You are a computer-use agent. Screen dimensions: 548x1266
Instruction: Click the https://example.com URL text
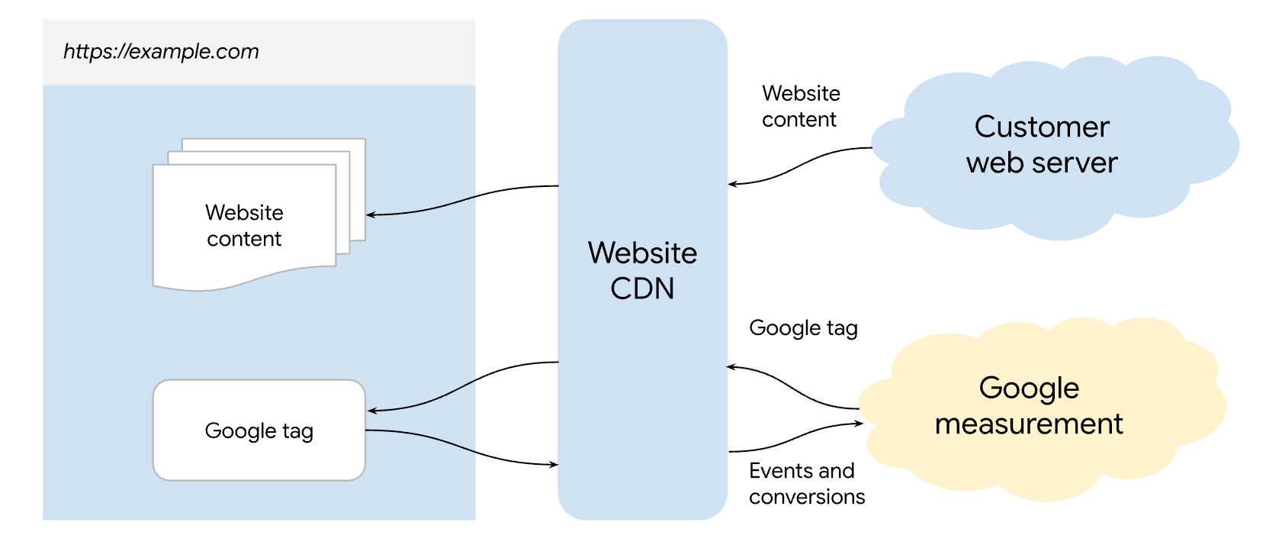click(161, 51)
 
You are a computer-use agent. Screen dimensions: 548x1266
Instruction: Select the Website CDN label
click(642, 270)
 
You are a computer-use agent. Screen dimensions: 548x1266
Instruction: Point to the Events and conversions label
click(806, 483)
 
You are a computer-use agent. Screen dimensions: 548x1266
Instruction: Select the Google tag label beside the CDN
click(803, 328)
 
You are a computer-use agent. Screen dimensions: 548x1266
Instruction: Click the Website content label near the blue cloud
click(800, 106)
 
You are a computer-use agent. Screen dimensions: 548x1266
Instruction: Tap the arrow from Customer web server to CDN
click(801, 164)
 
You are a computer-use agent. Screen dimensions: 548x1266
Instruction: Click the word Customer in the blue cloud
click(1041, 127)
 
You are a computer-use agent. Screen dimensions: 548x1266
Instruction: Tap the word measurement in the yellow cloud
click(1029, 424)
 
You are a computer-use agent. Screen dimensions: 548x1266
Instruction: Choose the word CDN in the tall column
click(642, 289)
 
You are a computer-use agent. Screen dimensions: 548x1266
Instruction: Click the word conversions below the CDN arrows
click(806, 497)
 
